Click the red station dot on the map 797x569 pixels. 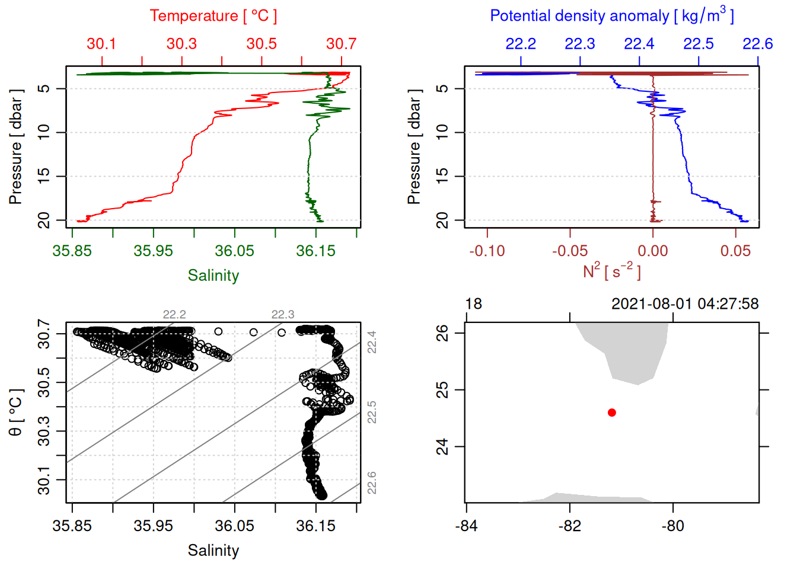(611, 413)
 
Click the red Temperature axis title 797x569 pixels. (213, 16)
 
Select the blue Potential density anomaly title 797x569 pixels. (611, 15)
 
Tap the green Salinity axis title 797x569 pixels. (213, 276)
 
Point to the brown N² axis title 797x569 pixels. (611, 271)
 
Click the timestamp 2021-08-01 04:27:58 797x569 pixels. (684, 304)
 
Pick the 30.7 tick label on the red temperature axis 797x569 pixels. (341, 44)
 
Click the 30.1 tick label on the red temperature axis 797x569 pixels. (101, 44)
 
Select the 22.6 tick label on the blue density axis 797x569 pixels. (757, 44)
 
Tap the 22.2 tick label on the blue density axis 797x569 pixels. (521, 44)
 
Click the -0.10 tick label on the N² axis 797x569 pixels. (487, 251)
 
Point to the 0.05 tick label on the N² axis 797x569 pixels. (735, 251)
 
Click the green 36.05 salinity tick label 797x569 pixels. (234, 251)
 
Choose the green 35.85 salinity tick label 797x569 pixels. (72, 251)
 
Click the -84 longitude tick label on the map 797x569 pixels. (467, 526)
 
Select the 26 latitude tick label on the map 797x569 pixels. (442, 333)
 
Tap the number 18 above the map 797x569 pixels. (473, 304)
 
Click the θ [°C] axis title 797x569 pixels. (15, 412)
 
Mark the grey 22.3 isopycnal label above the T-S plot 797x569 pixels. (283, 314)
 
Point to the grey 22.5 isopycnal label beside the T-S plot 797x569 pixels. (372, 412)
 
